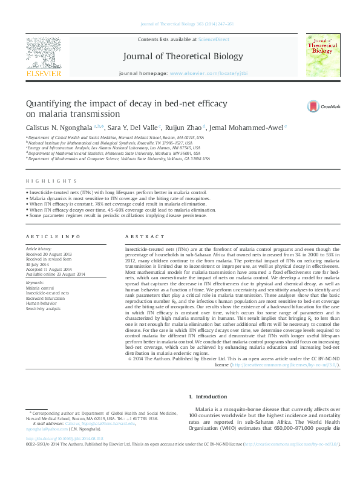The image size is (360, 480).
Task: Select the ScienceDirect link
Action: coord(215,39)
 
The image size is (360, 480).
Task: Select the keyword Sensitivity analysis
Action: coord(43,308)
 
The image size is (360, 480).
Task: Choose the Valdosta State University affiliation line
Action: coord(118,159)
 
